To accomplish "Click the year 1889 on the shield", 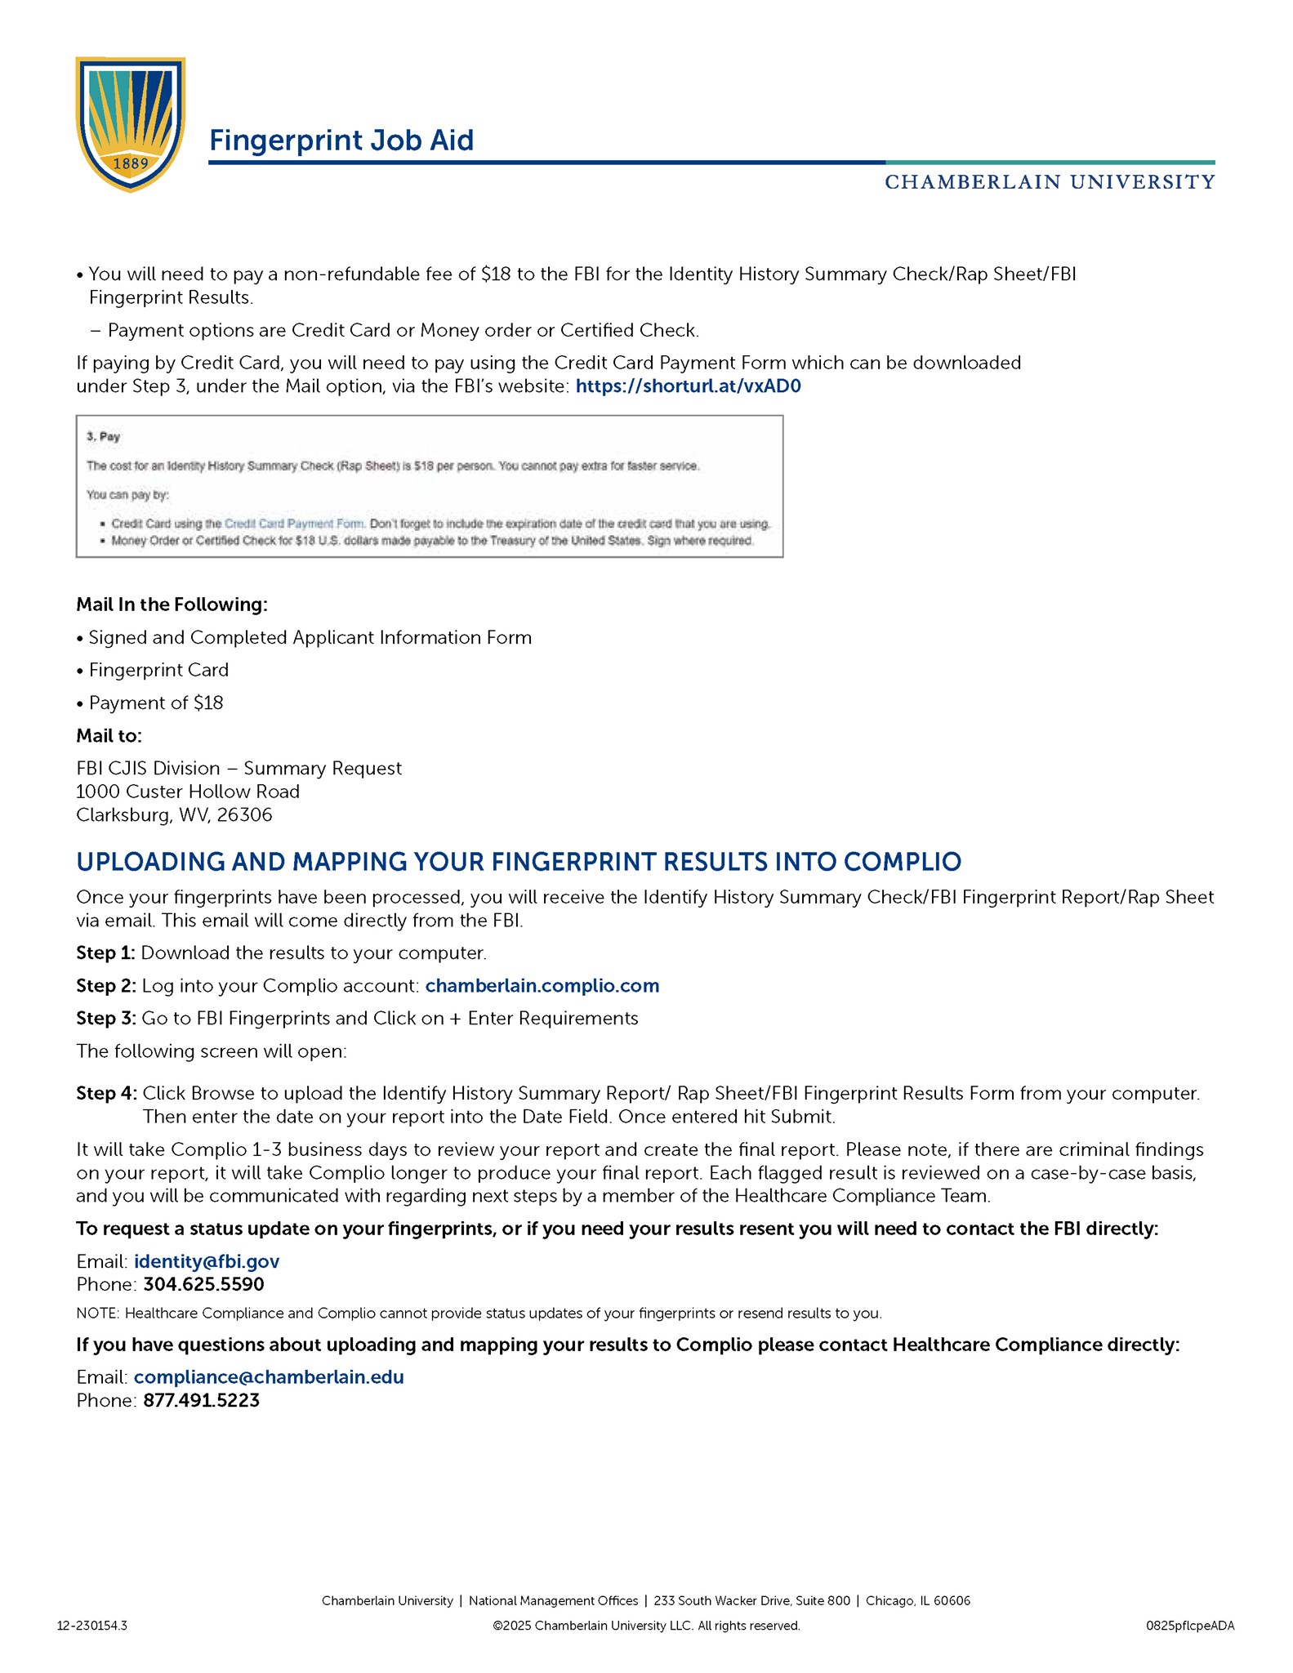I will (131, 163).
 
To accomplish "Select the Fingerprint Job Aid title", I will (341, 141).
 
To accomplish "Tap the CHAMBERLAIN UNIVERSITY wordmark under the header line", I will (1050, 182).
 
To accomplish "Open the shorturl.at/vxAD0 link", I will (688, 386).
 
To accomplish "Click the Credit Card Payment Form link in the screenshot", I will (294, 524).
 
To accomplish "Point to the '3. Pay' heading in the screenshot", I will (104, 437).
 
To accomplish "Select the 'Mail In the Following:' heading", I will (172, 605).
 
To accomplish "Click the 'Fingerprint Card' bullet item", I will (158, 671).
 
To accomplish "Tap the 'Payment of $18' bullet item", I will (155, 703).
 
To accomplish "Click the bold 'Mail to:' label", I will (109, 736).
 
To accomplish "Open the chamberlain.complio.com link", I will (542, 986).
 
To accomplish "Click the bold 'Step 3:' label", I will (106, 1019).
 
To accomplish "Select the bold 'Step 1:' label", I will (105, 953).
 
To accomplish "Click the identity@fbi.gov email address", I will (207, 1261).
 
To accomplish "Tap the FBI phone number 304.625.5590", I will (203, 1284).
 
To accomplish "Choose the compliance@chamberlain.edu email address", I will (269, 1377).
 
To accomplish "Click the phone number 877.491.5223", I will (201, 1400).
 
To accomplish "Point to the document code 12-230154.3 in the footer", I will (91, 1626).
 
